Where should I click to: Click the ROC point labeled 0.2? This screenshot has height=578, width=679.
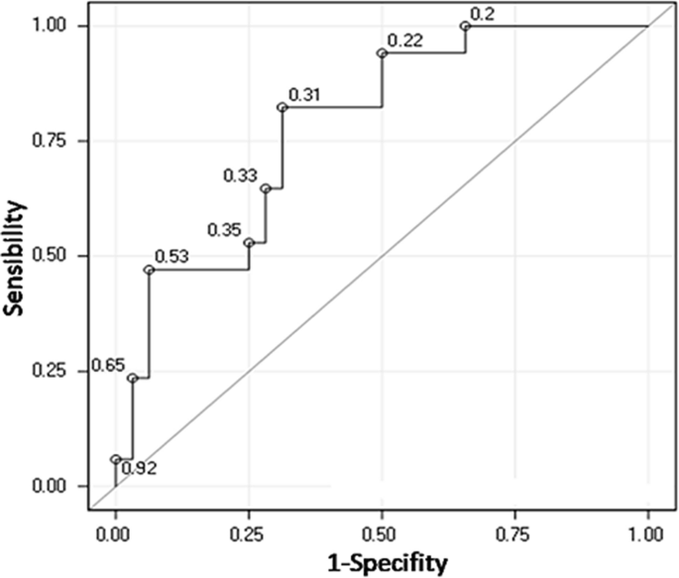coord(465,26)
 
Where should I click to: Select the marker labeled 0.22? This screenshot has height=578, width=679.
coord(382,53)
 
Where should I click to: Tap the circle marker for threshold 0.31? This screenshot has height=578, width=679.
coord(282,107)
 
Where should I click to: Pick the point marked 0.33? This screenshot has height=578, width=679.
coord(265,188)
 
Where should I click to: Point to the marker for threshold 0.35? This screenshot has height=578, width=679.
coord(249,243)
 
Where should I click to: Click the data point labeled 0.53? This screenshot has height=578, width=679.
coord(149,270)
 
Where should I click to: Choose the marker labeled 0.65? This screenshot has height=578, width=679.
coord(132,378)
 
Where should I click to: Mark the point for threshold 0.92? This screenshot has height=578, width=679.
coord(115,459)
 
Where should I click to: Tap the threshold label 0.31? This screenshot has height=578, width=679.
coord(304,95)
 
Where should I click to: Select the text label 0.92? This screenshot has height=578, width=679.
coord(138,467)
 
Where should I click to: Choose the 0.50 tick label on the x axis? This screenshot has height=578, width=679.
coord(382,533)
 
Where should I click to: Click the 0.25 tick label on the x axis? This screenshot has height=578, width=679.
coord(249,533)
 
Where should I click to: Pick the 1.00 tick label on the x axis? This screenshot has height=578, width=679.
coord(647,533)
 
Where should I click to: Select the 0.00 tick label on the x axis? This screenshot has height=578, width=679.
coord(115,533)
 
